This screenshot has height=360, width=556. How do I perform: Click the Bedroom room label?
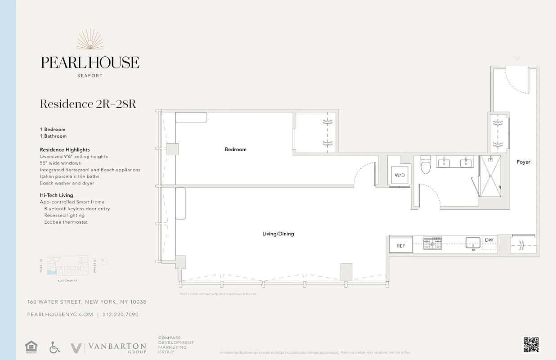(x=235, y=149)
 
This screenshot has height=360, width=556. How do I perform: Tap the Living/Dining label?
(x=278, y=234)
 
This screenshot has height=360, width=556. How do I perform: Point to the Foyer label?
(x=523, y=162)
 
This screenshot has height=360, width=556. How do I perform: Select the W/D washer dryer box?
(x=399, y=175)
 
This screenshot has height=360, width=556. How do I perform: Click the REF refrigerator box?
(x=401, y=246)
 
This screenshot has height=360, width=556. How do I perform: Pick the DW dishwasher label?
(x=489, y=240)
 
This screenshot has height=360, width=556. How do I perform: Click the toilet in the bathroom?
(x=426, y=165)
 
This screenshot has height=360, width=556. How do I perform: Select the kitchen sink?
(x=473, y=243)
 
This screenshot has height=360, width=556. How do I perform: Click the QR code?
(x=531, y=345)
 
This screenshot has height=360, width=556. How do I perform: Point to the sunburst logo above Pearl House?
(x=90, y=40)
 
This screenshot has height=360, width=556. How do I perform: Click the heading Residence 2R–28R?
(x=88, y=104)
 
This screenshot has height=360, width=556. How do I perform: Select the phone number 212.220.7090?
(x=121, y=315)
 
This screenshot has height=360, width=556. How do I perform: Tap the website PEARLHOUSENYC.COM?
(x=60, y=315)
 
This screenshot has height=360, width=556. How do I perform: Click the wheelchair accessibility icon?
(x=54, y=347)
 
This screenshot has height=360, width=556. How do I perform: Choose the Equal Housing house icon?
(x=31, y=347)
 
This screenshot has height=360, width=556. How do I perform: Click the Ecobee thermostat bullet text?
(x=66, y=222)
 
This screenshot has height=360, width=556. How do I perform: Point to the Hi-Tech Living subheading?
(x=56, y=195)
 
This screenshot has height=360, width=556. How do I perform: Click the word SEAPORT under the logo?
(x=90, y=76)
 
